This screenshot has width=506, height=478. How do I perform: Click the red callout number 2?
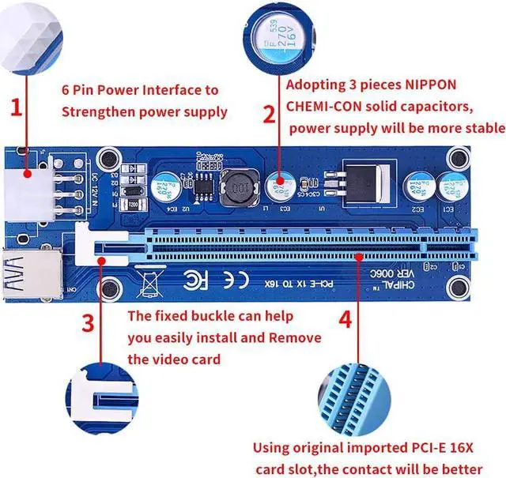[x=269, y=115]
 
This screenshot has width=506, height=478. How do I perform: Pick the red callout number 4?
[x=346, y=321]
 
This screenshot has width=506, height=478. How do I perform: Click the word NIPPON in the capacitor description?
[x=433, y=84]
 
